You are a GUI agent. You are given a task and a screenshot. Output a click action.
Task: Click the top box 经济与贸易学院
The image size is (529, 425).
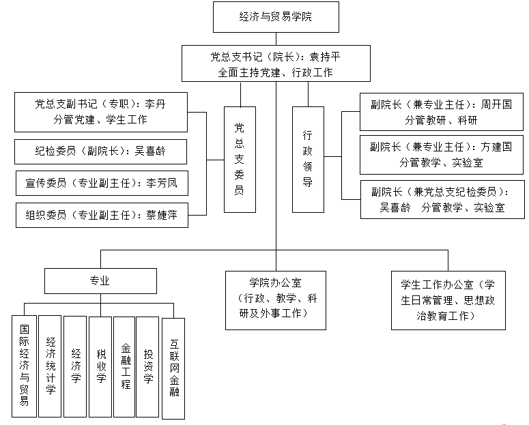point(276,16)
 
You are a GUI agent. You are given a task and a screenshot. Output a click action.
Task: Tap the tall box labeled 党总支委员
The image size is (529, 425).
point(239,159)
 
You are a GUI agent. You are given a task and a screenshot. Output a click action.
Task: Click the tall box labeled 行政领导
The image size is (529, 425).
point(308,159)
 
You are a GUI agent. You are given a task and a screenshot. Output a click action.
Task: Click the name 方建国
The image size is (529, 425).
point(496,147)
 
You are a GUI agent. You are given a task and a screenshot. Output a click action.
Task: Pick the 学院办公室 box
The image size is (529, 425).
point(276,299)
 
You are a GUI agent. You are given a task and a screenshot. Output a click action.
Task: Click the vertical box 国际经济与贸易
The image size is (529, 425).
point(24,366)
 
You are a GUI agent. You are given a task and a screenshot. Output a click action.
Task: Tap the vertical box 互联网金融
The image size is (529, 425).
point(173,368)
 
